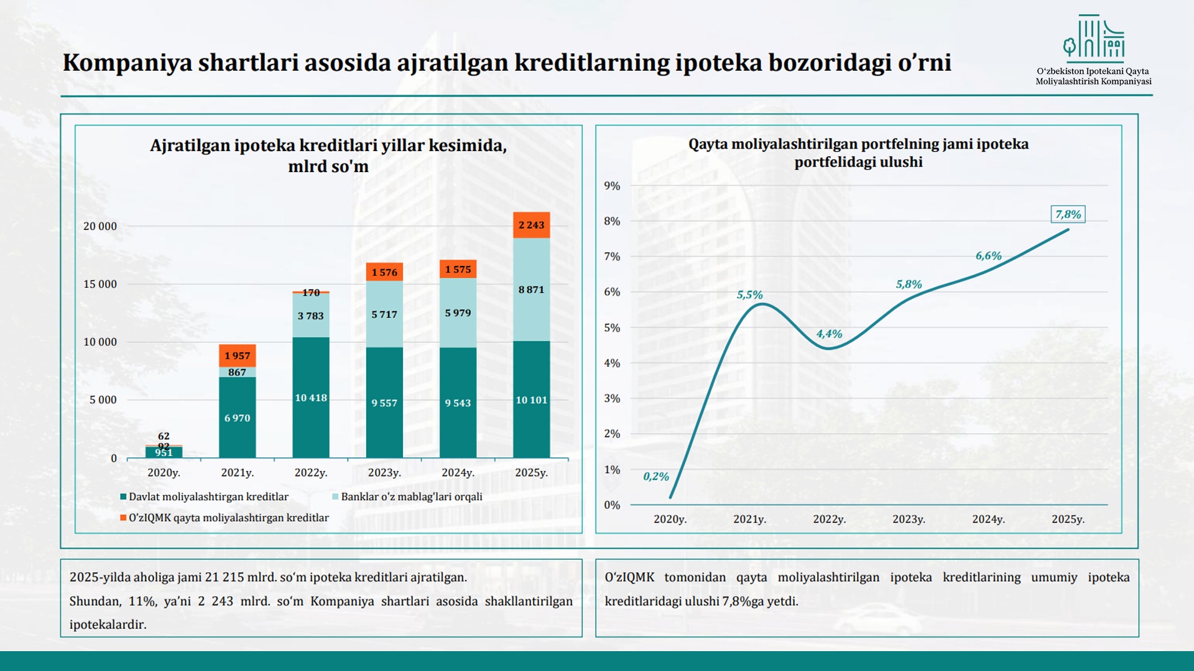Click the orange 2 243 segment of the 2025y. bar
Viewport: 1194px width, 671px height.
pos(531,225)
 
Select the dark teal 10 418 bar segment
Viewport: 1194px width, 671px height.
pos(311,398)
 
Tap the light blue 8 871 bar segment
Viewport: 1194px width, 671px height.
pos(531,290)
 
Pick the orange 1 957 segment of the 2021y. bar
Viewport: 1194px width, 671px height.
pos(237,355)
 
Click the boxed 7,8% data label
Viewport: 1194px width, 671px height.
pos(1068,214)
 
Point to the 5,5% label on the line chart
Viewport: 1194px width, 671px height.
pos(749,295)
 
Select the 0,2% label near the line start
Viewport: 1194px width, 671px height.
pos(655,477)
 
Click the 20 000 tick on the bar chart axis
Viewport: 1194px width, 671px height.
pos(100,226)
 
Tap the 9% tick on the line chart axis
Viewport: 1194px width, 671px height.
pos(612,186)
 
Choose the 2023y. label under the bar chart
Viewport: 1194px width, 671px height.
pos(384,473)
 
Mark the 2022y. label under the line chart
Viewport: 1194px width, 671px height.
pos(829,519)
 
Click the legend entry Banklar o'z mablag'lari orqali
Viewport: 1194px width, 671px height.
pos(411,497)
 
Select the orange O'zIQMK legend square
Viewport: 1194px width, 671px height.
pos(123,518)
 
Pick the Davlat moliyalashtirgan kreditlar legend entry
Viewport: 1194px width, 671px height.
pos(208,497)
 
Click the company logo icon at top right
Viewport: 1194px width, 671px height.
pos(1094,39)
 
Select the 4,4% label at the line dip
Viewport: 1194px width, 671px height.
pos(829,334)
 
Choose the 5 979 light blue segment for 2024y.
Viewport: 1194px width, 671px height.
pos(458,313)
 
